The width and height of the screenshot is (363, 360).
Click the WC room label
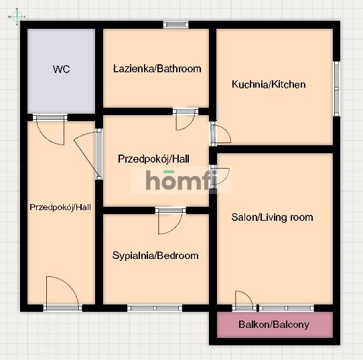tap(62, 69)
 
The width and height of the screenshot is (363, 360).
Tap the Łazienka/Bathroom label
tap(157, 68)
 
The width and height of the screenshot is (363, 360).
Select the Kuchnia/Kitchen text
tap(269, 84)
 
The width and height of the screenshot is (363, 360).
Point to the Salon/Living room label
tap(272, 217)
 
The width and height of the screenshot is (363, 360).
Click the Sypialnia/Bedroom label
tap(155, 256)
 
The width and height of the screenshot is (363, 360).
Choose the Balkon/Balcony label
tap(274, 325)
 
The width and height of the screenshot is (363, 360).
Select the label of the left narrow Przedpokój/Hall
tap(60, 207)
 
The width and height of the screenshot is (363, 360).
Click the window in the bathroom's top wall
tap(176, 25)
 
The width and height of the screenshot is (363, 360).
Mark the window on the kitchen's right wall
tap(336, 90)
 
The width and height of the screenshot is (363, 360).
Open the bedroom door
tap(171, 220)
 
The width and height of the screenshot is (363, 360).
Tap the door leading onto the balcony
tap(244, 300)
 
